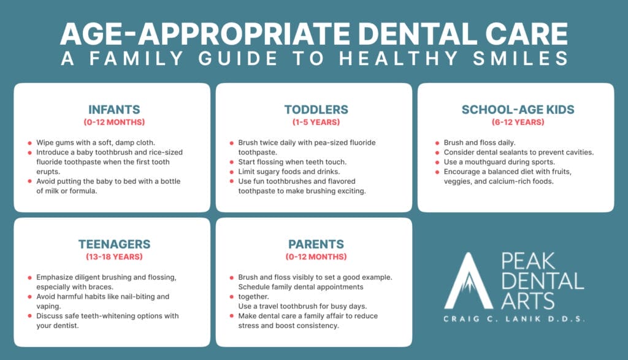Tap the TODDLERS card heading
pos(316,110)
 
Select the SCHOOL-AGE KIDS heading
pos(518,110)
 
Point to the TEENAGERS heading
pos(114,244)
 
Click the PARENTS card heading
pos(316,244)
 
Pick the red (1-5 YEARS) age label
pos(316,122)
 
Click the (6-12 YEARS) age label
pos(518,122)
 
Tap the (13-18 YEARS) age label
pos(114,256)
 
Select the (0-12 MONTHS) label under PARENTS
pos(316,256)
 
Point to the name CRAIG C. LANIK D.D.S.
pos(514,319)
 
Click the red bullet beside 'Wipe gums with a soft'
pos(30,142)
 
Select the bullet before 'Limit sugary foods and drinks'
pos(231,172)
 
